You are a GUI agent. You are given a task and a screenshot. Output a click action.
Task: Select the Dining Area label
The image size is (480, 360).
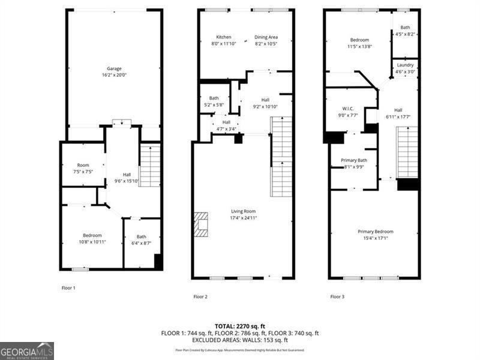tap(266, 40)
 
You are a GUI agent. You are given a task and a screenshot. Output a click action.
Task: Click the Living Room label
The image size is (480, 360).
tap(244, 214)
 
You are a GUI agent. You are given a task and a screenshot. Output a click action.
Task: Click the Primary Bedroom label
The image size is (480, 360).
tap(376, 235)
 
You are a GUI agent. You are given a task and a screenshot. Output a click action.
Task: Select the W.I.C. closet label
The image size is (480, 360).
tap(349, 112)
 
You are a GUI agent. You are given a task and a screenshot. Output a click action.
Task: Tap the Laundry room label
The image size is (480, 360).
tap(405, 68)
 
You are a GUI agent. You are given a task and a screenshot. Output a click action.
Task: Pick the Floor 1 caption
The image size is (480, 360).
tap(68, 288)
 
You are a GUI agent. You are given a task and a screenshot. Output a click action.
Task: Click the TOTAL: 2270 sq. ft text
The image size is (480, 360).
tap(239, 326)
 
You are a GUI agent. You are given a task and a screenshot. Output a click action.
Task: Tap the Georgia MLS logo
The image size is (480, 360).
tap(27, 350)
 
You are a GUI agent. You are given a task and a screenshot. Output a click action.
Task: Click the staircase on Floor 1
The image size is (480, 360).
tap(150, 166)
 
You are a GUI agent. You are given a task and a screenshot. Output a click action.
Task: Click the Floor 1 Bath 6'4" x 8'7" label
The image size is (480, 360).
tap(141, 239)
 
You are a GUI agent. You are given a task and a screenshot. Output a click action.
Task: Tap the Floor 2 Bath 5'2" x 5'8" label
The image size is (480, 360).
tap(214, 101)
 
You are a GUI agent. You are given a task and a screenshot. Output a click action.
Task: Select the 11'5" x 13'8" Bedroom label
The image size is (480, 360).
tap(360, 43)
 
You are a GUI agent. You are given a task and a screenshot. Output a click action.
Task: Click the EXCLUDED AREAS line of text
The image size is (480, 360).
tap(239, 340)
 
